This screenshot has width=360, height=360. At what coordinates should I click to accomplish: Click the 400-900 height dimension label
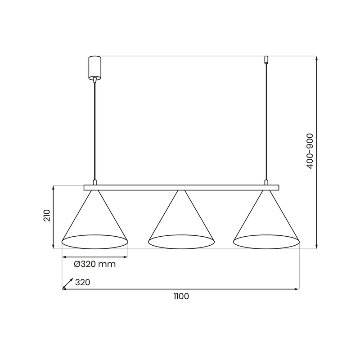click(x=310, y=151)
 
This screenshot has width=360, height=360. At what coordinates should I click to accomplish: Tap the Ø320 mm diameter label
click(x=94, y=264)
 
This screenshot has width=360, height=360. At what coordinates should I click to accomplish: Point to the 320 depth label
click(x=83, y=283)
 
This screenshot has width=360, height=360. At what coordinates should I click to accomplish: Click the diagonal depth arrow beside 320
click(x=68, y=283)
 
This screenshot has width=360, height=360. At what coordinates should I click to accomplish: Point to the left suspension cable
click(x=94, y=130)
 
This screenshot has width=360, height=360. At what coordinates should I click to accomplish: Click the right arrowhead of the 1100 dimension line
click(x=297, y=288)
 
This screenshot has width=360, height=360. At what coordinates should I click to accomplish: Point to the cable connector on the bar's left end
click(x=94, y=182)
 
